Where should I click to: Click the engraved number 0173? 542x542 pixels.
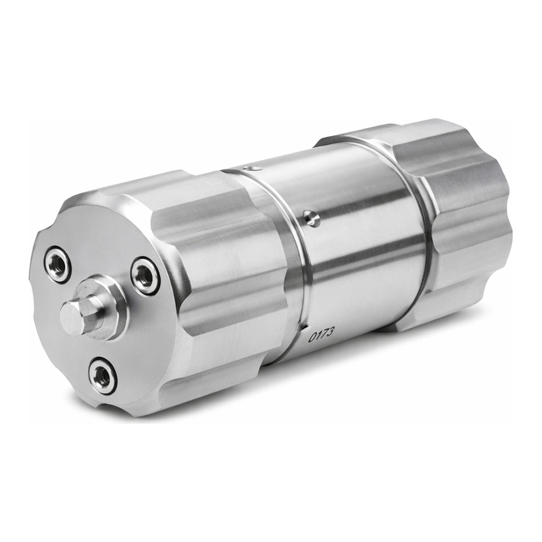(x=321, y=334)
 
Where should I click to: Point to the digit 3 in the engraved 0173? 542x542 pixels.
(x=330, y=331)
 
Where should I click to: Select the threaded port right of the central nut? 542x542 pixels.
(x=145, y=276)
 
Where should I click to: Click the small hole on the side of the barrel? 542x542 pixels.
(x=311, y=218)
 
